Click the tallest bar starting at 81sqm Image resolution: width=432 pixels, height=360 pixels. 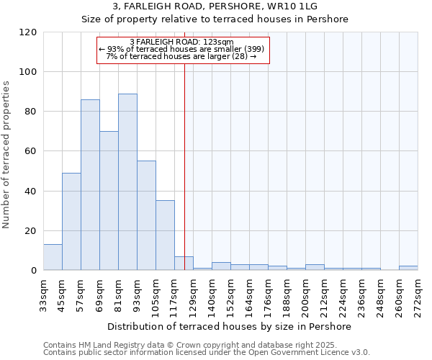coord(127,181)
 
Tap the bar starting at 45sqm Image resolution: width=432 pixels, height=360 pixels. coord(71,221)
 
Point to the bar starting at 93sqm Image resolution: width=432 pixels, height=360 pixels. coord(146,215)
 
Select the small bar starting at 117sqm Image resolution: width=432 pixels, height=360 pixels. coord(184,264)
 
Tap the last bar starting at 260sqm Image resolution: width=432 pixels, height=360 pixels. coord(408,268)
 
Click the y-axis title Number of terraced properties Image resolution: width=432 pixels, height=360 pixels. coord(6,155)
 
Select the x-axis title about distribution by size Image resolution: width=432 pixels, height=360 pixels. coord(230,326)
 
